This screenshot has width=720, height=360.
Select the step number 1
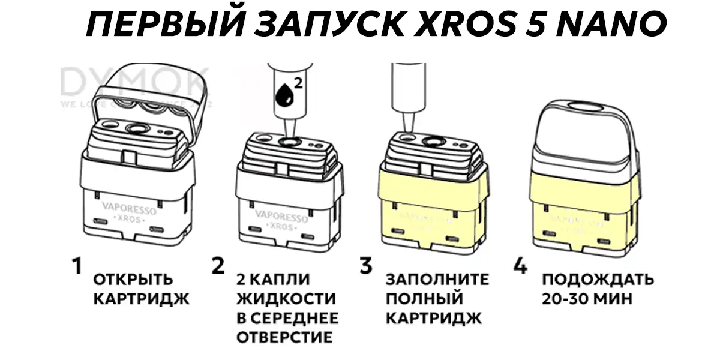[x=76, y=266]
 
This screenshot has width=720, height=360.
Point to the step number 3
[x=366, y=266]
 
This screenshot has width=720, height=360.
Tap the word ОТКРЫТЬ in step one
[x=133, y=280]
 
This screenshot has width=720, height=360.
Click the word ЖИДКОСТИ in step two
[x=286, y=299]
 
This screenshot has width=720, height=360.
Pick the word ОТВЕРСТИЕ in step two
[x=284, y=337]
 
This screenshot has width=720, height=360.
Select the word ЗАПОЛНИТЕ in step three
[x=437, y=280]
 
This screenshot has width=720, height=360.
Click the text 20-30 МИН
[x=587, y=299]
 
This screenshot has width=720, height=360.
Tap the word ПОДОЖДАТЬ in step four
[x=598, y=280]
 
